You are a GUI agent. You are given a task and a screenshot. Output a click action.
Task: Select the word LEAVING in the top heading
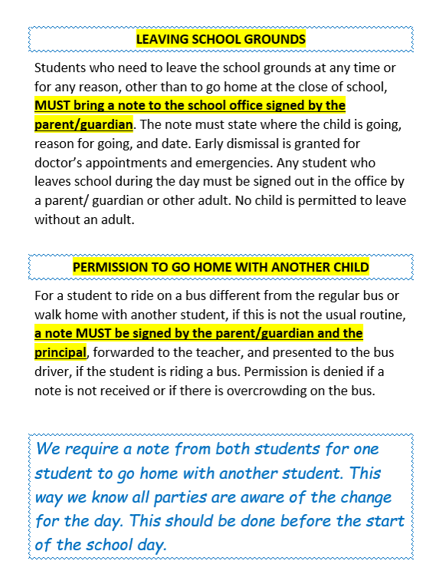tap(159, 38)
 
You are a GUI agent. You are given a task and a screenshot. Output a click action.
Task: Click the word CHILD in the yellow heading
tap(349, 267)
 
